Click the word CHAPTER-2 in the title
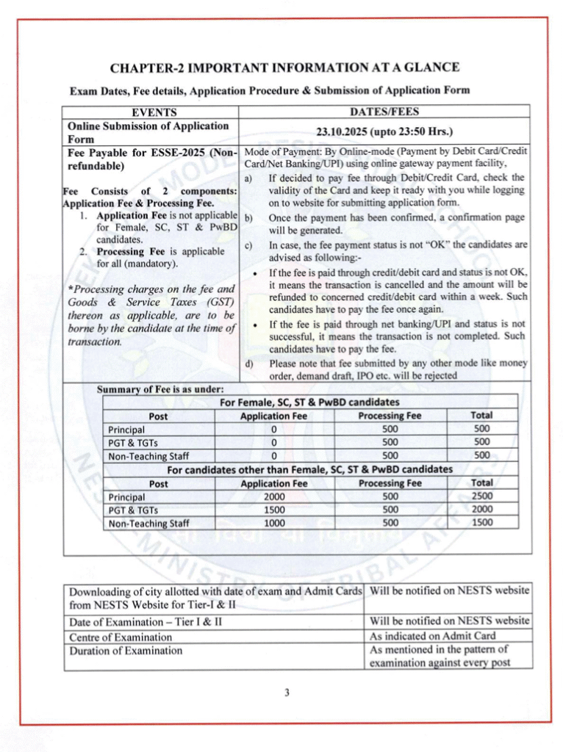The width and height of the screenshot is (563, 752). (x=145, y=68)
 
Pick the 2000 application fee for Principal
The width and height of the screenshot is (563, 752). (x=273, y=496)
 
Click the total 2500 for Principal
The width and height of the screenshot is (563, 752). (x=482, y=496)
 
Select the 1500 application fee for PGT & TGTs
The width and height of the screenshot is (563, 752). (x=273, y=510)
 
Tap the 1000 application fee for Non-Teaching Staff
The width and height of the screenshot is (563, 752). (x=273, y=523)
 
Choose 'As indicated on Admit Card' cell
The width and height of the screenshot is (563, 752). (x=432, y=636)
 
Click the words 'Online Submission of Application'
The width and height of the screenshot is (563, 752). (x=148, y=126)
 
